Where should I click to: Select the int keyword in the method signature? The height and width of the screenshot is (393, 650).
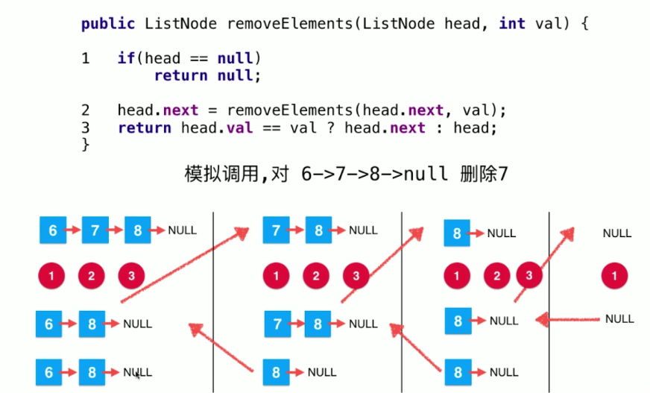511,24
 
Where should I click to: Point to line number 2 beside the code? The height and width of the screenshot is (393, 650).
86,110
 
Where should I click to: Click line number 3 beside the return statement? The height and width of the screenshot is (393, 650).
86,128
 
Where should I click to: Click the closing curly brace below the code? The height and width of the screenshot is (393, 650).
86,145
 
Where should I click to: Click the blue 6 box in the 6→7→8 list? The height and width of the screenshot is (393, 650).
53,230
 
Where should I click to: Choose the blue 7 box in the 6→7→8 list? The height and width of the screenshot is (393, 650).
95,230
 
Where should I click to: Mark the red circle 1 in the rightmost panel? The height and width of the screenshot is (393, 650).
615,277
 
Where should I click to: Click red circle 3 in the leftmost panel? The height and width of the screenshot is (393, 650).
131,277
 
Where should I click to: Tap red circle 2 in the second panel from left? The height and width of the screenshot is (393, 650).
316,277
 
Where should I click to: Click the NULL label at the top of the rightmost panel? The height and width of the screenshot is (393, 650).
617,233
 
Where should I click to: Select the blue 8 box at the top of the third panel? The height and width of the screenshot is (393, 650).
457,233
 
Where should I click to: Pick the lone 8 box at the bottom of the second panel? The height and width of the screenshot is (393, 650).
276,371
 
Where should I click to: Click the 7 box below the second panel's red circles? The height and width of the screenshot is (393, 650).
278,324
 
